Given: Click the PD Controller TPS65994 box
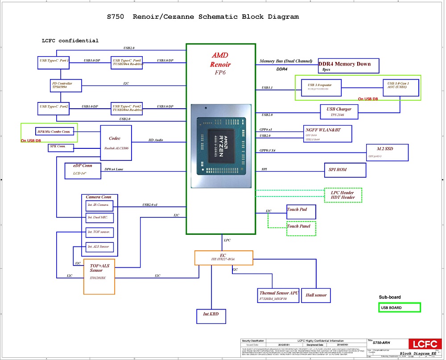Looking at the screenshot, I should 66,86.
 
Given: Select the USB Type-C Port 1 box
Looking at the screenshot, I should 54,62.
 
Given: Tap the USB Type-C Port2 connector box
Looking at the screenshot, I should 54,109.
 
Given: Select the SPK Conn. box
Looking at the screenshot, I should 61,147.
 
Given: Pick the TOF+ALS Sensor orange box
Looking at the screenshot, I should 99,276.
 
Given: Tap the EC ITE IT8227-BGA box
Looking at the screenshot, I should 223,258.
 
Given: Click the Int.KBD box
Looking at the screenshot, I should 211,316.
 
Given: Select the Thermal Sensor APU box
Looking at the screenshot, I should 279,295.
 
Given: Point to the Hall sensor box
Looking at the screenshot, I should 316,295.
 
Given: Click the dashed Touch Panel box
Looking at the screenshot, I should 301,228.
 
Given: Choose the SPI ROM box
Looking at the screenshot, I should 344,170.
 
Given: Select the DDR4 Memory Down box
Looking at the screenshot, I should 348,65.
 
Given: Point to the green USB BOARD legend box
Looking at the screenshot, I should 399,307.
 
